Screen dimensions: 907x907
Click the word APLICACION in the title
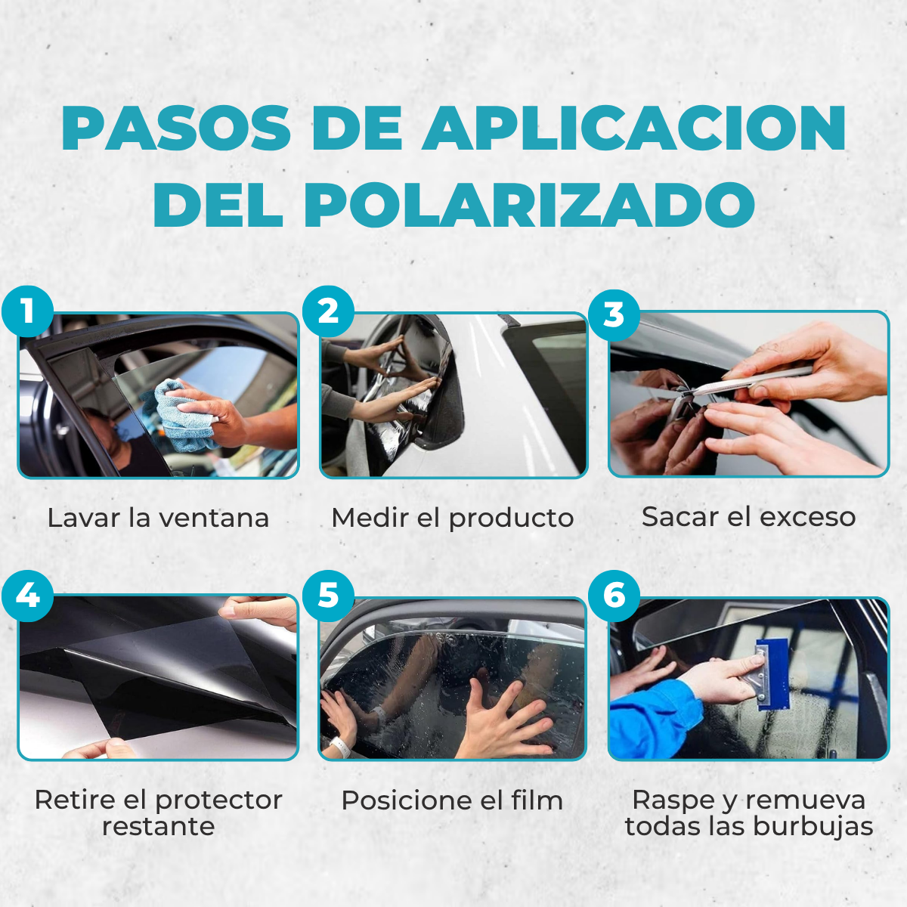click(634, 128)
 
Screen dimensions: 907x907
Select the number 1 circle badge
click(28, 311)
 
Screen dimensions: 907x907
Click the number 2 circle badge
click(328, 311)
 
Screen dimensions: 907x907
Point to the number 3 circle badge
click(614, 314)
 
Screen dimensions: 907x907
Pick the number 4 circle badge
click(28, 596)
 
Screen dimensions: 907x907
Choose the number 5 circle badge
click(328, 596)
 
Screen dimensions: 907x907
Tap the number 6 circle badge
click(614, 596)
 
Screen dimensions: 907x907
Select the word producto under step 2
click(511, 519)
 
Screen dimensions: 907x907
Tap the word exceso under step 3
click(808, 517)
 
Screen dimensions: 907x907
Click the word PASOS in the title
click(176, 128)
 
